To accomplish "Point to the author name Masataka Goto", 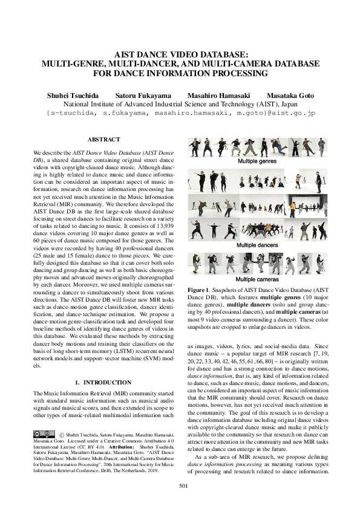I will [x=288, y=96].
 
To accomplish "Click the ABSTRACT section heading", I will [x=104, y=140].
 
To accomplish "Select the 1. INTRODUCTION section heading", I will [x=104, y=383].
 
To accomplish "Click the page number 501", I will [x=180, y=485].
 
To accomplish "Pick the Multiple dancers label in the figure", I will [x=254, y=245].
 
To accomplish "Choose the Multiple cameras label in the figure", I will [x=254, y=279].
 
